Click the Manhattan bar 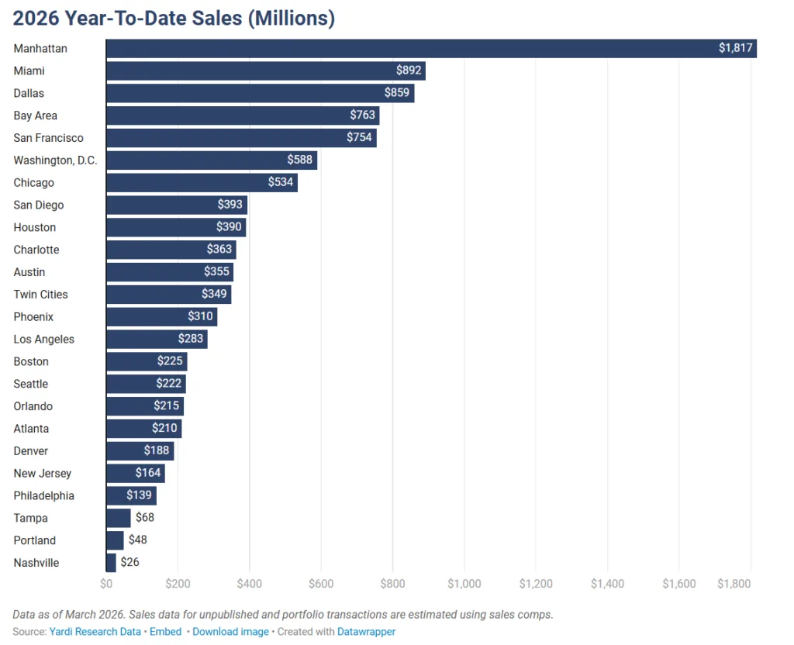coord(430,49)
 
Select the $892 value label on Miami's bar coord(408,71)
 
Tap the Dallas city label coord(29,94)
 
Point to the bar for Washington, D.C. coord(211,160)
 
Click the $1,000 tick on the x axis coord(464,584)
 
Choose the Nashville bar coord(111,563)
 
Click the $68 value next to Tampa coord(145,518)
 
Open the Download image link coord(230,632)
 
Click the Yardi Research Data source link coord(95,632)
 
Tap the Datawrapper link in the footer coord(366,632)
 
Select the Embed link coord(165,632)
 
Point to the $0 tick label coord(106,584)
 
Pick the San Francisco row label coord(48,138)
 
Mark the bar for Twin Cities coord(168,295)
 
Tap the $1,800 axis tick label coord(733,584)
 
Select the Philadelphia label coord(43,496)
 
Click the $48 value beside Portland coord(137,540)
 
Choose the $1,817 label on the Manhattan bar coord(735,49)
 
